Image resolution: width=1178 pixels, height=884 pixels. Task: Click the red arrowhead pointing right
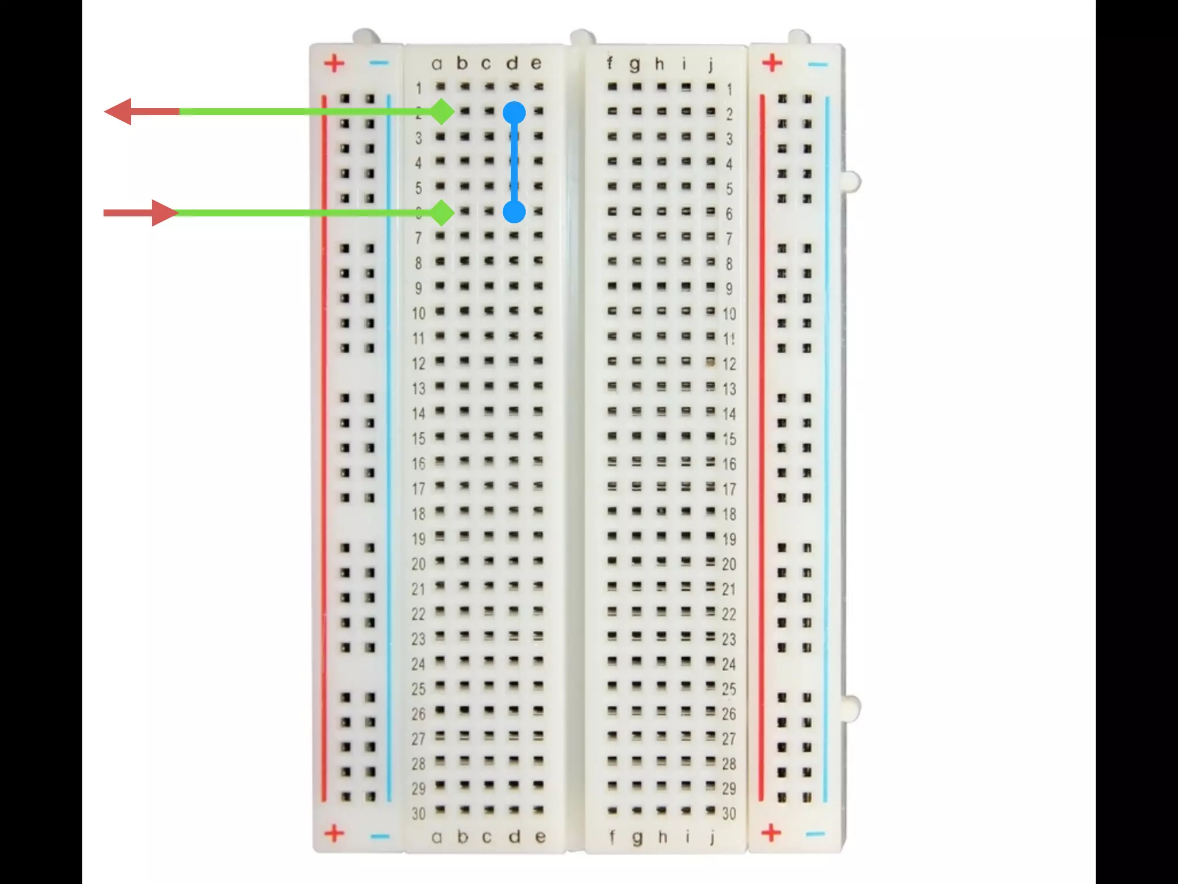[x=164, y=213]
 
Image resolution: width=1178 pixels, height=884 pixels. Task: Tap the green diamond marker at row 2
[x=442, y=111]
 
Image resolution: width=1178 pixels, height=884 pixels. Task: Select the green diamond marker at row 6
[x=442, y=213]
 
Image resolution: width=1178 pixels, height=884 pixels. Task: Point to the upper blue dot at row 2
[x=514, y=113]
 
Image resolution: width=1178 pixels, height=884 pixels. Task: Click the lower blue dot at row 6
[x=514, y=212]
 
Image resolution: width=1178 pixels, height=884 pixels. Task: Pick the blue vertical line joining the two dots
[x=514, y=162]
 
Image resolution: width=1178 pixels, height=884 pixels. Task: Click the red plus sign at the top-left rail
[x=334, y=63]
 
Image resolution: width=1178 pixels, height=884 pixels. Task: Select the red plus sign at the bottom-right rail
[x=771, y=832]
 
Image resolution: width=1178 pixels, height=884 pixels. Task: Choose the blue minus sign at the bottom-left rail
[x=380, y=836]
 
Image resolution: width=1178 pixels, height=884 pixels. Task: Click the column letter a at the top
[x=437, y=64]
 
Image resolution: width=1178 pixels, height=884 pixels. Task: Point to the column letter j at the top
[x=711, y=64]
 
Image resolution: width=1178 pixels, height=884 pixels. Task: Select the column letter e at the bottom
[x=540, y=837]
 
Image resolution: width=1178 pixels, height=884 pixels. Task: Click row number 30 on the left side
[x=419, y=813]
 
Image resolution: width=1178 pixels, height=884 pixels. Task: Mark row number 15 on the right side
[x=729, y=439]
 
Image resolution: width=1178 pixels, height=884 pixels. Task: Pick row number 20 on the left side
[x=419, y=564]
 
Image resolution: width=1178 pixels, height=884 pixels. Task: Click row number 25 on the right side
[x=729, y=689]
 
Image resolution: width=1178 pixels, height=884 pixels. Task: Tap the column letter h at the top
[x=660, y=64]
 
